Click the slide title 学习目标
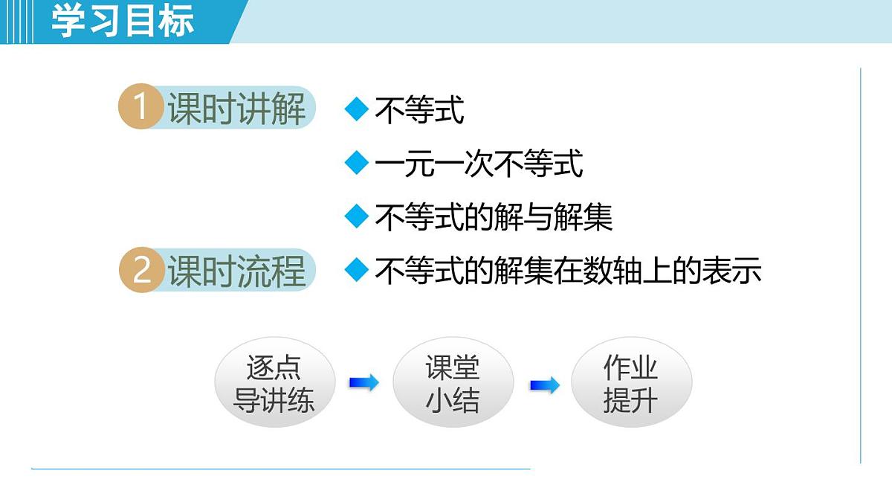tap(123, 21)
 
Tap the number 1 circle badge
tap(140, 108)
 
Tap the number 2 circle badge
tap(140, 270)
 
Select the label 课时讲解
tap(236, 109)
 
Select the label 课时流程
tap(236, 271)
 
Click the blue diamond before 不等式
tap(358, 109)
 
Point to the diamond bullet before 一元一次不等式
tap(358, 163)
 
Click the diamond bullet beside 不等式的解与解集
tap(358, 216)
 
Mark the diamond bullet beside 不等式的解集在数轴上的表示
tap(358, 270)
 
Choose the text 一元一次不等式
tap(479, 164)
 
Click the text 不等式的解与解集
tap(494, 217)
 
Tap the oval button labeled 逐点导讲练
tap(274, 383)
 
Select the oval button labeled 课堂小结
tap(453, 383)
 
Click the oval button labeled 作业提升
tap(631, 383)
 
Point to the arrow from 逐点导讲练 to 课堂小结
tap(363, 382)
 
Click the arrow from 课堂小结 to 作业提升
tap(544, 385)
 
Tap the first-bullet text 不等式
tap(419, 110)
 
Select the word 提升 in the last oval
tap(631, 401)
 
